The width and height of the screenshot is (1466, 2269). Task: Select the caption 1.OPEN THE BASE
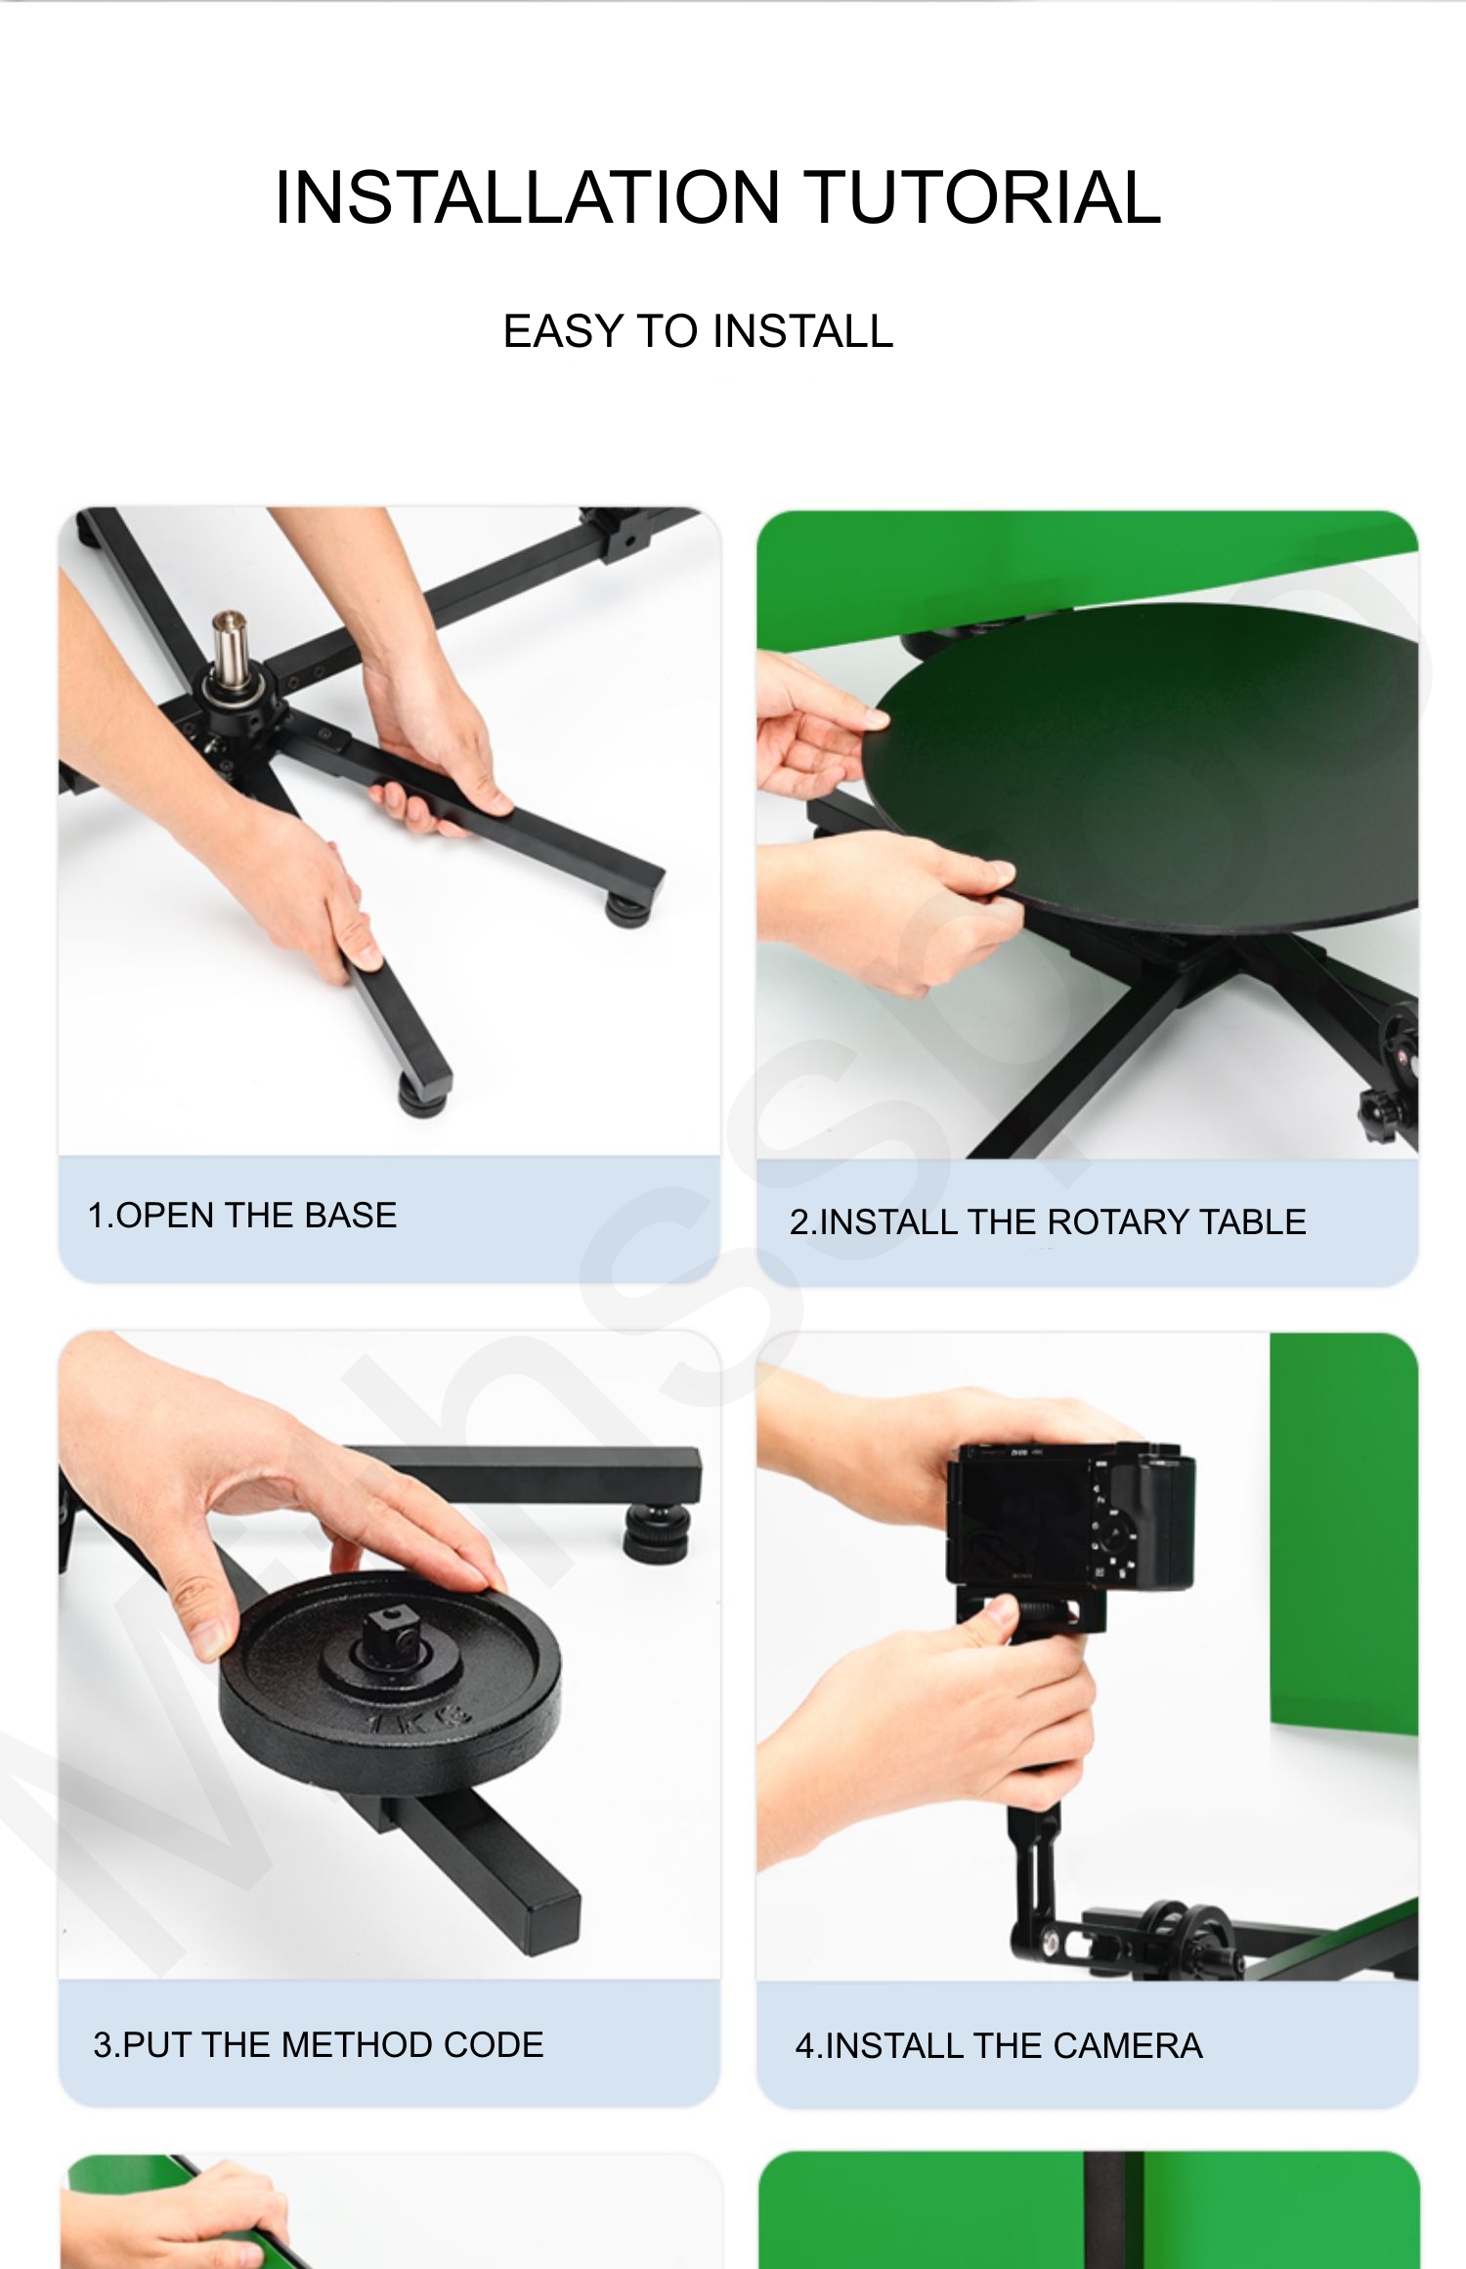242,1216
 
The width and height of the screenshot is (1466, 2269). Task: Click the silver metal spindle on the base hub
231,650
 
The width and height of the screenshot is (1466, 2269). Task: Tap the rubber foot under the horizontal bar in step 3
657,1530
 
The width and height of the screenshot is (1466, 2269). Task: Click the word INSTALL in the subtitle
802,331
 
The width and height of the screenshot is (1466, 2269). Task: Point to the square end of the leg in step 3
554,1920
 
